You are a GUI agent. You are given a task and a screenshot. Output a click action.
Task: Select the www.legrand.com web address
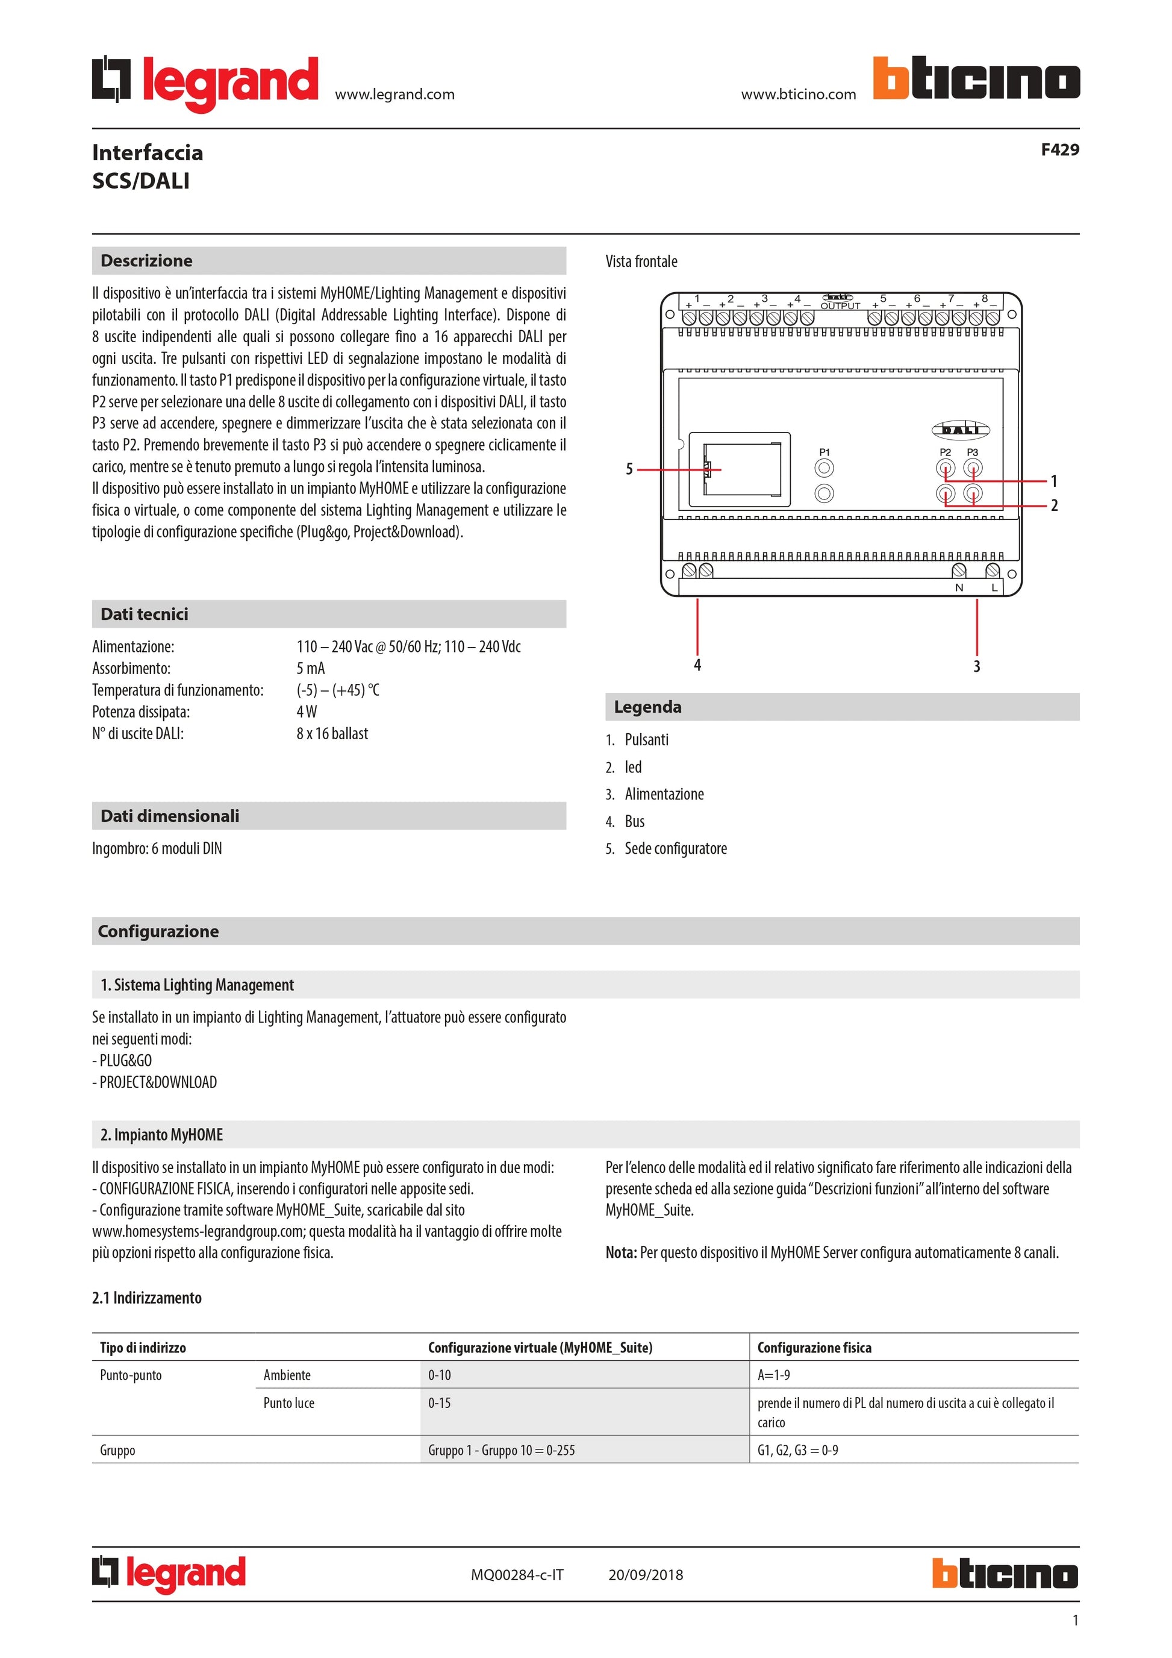(394, 94)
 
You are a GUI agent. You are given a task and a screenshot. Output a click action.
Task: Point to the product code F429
(1059, 149)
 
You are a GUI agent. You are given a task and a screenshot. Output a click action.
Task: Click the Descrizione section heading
(146, 261)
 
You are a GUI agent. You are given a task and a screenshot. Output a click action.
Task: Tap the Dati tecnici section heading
(145, 614)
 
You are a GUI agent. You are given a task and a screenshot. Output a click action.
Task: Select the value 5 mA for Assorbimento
(310, 668)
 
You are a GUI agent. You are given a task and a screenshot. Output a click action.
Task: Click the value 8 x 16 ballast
(332, 733)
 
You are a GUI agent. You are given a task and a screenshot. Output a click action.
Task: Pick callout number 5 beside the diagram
(629, 469)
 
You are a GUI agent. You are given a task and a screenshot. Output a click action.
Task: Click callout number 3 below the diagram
(976, 666)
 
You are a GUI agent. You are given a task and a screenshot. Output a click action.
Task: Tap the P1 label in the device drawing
(824, 452)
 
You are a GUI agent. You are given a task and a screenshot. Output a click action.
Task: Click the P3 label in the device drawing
(972, 452)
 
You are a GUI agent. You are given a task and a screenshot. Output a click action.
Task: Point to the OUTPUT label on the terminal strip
(840, 305)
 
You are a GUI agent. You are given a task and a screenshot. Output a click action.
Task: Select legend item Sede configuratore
(676, 848)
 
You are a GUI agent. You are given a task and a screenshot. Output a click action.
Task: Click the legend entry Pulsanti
(647, 739)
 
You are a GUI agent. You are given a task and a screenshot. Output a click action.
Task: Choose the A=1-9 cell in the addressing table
(774, 1375)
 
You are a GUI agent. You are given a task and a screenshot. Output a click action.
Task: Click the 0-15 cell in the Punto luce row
(440, 1403)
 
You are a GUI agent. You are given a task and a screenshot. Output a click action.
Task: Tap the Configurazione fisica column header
(814, 1348)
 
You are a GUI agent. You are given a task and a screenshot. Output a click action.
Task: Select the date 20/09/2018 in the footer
(645, 1575)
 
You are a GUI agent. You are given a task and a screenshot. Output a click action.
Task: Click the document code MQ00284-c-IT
(517, 1575)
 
